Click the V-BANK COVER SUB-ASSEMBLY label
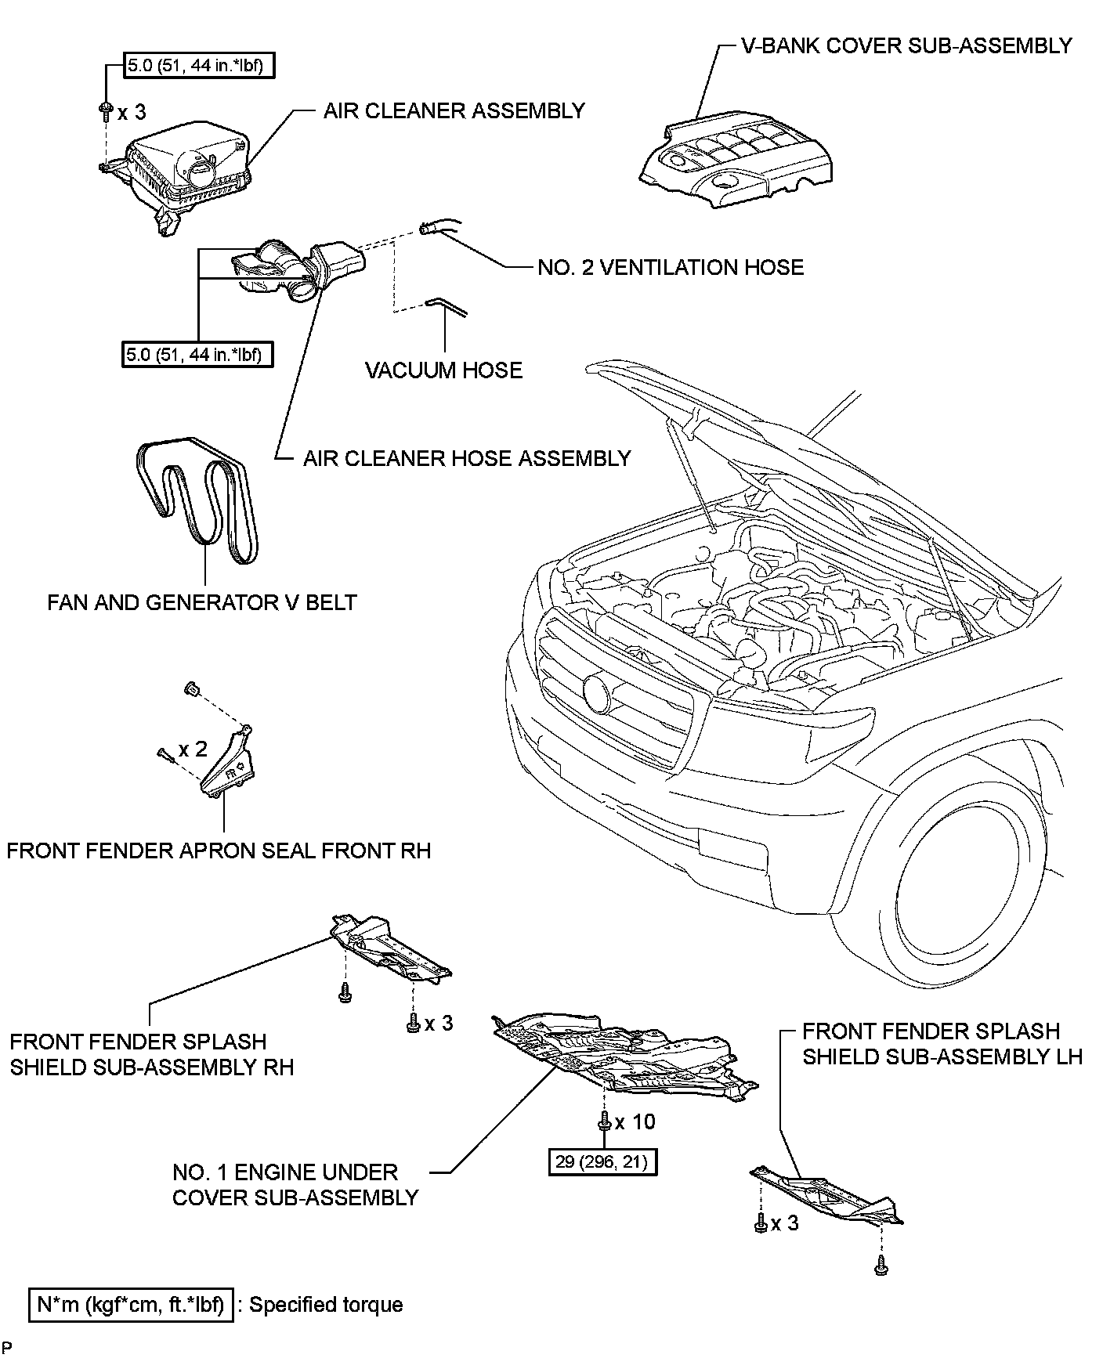click(x=906, y=45)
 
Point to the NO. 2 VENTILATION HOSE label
click(x=671, y=268)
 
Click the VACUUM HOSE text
click(x=443, y=370)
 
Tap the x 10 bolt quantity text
click(x=635, y=1122)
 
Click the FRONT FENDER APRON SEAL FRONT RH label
click(x=219, y=851)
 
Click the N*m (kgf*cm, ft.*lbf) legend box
click(x=131, y=1305)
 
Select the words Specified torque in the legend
click(x=326, y=1305)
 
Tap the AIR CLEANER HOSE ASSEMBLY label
click(x=467, y=458)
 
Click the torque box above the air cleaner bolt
click(x=201, y=65)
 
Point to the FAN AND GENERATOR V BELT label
click(x=202, y=602)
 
